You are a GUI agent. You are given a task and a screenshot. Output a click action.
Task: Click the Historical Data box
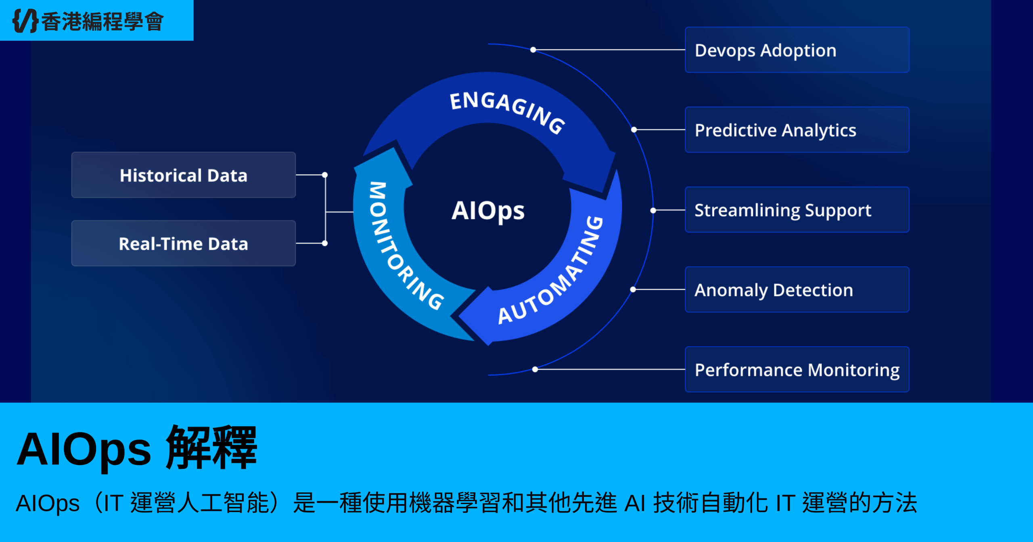[x=184, y=175]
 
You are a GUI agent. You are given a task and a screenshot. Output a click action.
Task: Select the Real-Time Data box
[x=184, y=243]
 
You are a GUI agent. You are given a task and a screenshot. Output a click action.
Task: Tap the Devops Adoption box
[x=797, y=50]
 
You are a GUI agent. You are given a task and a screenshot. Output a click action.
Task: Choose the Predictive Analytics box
[x=797, y=130]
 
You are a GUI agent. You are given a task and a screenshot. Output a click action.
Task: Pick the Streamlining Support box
[x=797, y=210]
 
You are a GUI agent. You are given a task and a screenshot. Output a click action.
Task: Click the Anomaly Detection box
[x=797, y=290]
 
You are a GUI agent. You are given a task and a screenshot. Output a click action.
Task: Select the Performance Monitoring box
[x=797, y=370]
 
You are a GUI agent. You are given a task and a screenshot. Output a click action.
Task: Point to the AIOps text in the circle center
[x=488, y=211]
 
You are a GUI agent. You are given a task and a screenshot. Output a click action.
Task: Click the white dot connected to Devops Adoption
[x=533, y=50]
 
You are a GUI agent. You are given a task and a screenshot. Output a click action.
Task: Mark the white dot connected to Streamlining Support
[x=653, y=210]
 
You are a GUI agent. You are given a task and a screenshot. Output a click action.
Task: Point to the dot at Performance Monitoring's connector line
[x=535, y=369]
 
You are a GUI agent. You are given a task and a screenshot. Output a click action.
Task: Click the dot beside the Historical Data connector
[x=325, y=175]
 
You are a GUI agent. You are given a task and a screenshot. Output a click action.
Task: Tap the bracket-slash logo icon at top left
[x=25, y=21]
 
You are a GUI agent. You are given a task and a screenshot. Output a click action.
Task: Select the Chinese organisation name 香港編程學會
[x=103, y=21]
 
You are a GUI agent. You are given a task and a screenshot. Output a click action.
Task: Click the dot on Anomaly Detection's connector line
[x=633, y=289]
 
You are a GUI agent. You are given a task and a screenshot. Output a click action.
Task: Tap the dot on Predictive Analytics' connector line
[x=634, y=130]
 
